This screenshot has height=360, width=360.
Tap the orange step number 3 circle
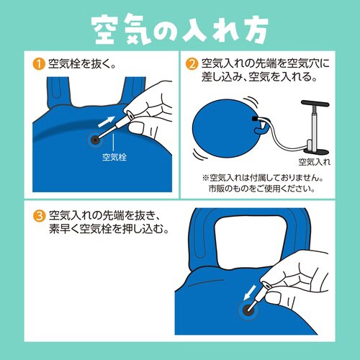click(38, 215)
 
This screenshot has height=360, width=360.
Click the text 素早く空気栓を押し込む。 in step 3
click(109, 229)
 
